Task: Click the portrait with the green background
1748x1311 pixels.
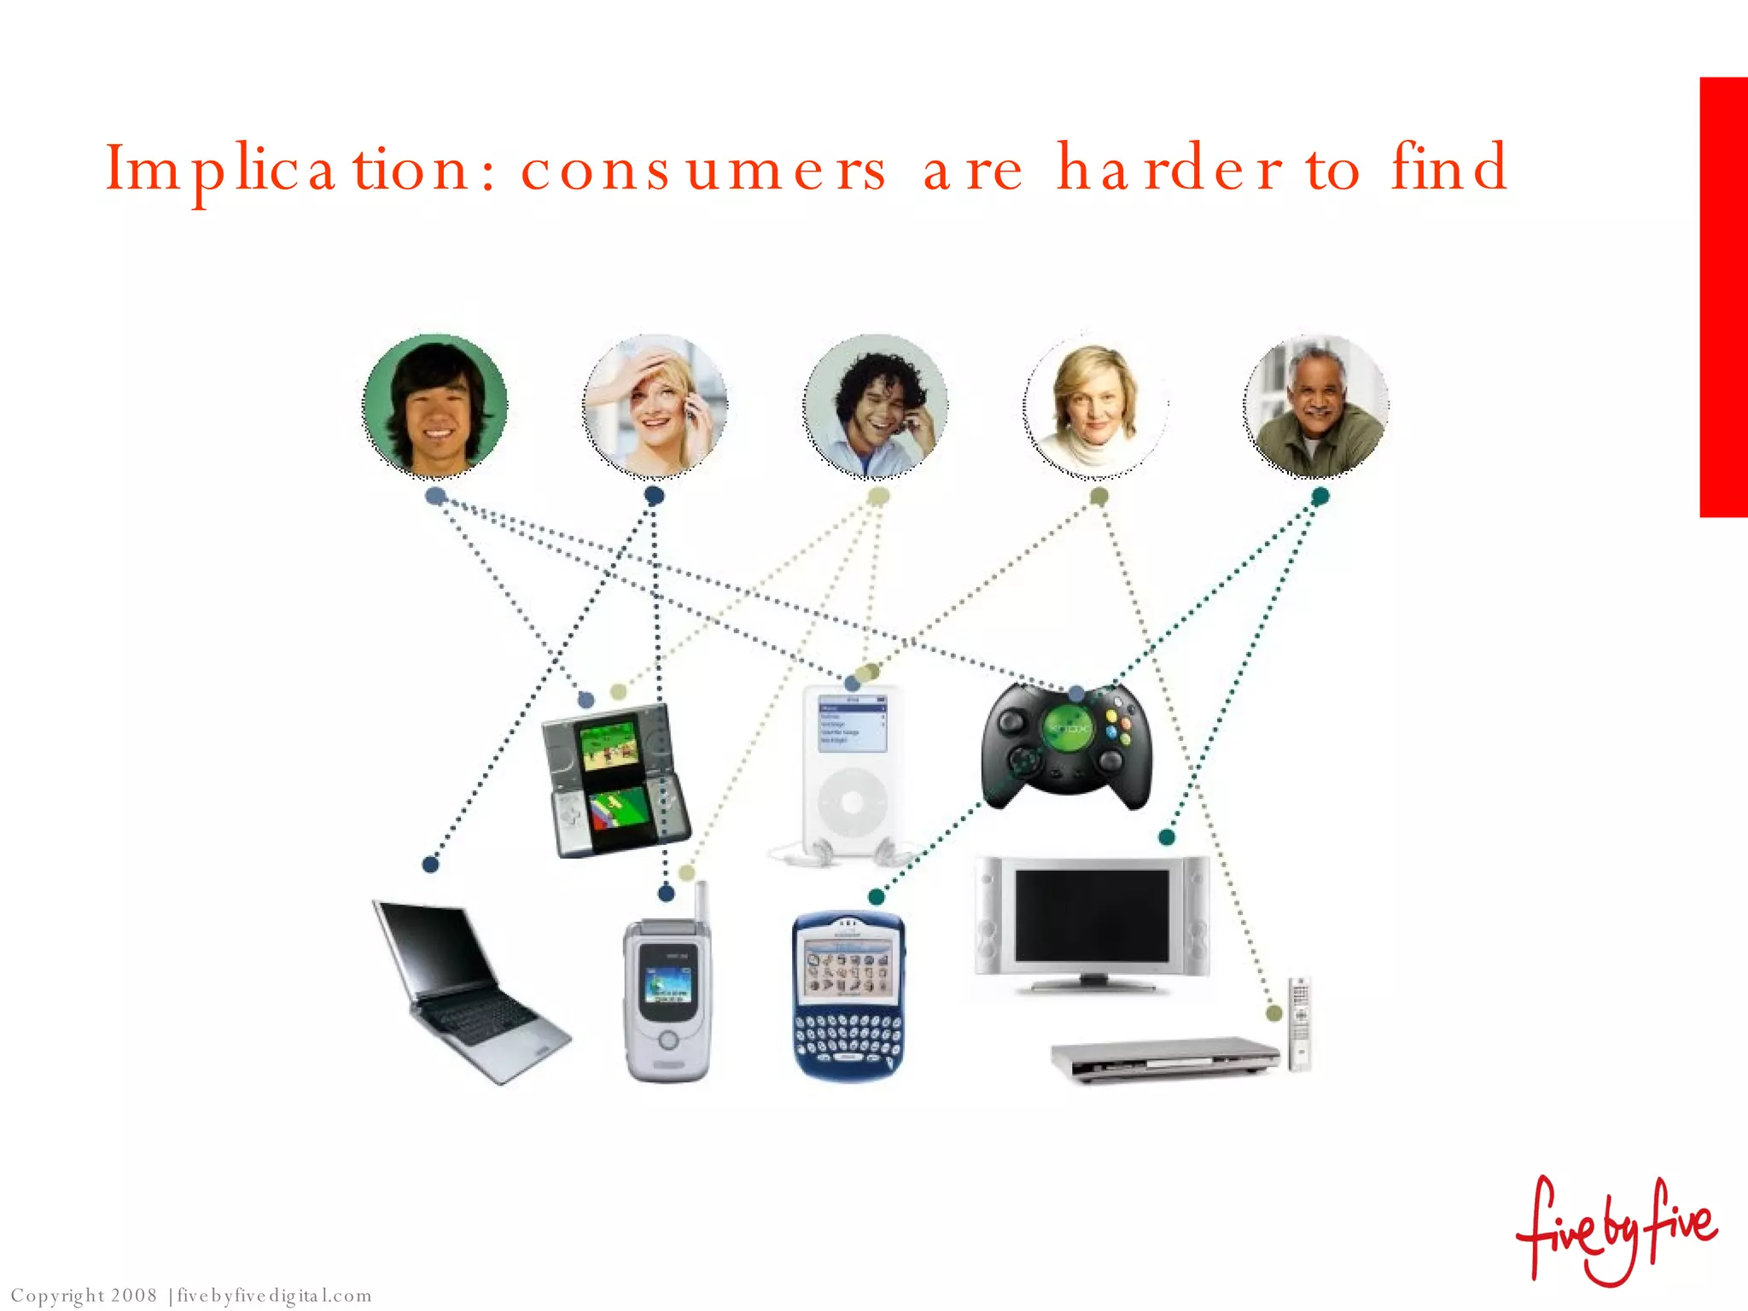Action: click(x=435, y=405)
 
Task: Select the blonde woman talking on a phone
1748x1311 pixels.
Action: click(x=655, y=405)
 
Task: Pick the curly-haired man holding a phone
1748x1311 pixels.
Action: click(x=875, y=405)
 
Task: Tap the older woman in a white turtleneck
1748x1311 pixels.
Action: click(x=1095, y=405)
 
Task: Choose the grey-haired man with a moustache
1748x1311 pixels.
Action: click(x=1315, y=405)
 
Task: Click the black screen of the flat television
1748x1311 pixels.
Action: click(x=1092, y=916)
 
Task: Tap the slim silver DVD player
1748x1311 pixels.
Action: click(x=1165, y=1058)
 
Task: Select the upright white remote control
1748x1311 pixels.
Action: click(x=1299, y=1023)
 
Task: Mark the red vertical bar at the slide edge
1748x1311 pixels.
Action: click(x=1723, y=297)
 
